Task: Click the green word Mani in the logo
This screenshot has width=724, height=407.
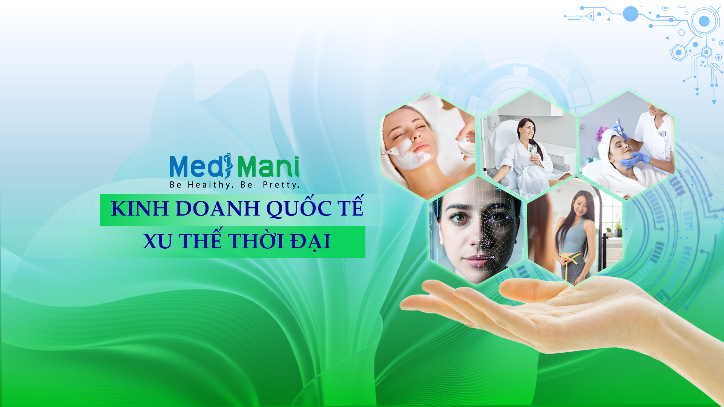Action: (x=268, y=166)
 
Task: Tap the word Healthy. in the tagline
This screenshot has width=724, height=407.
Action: (x=211, y=185)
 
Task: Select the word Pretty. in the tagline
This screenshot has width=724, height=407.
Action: (x=281, y=185)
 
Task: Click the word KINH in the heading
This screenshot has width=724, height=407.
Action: (x=140, y=208)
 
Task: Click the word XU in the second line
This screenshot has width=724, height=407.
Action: (x=158, y=241)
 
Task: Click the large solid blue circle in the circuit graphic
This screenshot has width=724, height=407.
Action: (x=630, y=14)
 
